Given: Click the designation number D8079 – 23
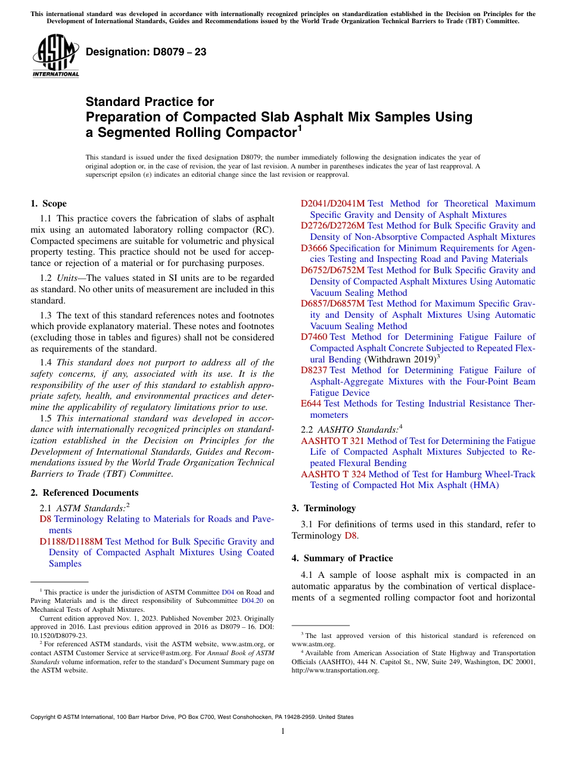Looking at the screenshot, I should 146,52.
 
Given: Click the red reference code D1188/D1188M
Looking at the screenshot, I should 71,542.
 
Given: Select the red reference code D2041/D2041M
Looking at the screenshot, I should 332,204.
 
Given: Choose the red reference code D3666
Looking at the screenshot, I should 314,248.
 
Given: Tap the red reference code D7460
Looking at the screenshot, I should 313,337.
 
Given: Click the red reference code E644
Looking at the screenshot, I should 311,403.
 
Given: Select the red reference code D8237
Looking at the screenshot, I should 314,370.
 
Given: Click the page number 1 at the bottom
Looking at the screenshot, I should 283,731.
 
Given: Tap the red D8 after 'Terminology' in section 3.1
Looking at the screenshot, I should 350,536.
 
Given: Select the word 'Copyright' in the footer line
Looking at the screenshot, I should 45,717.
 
